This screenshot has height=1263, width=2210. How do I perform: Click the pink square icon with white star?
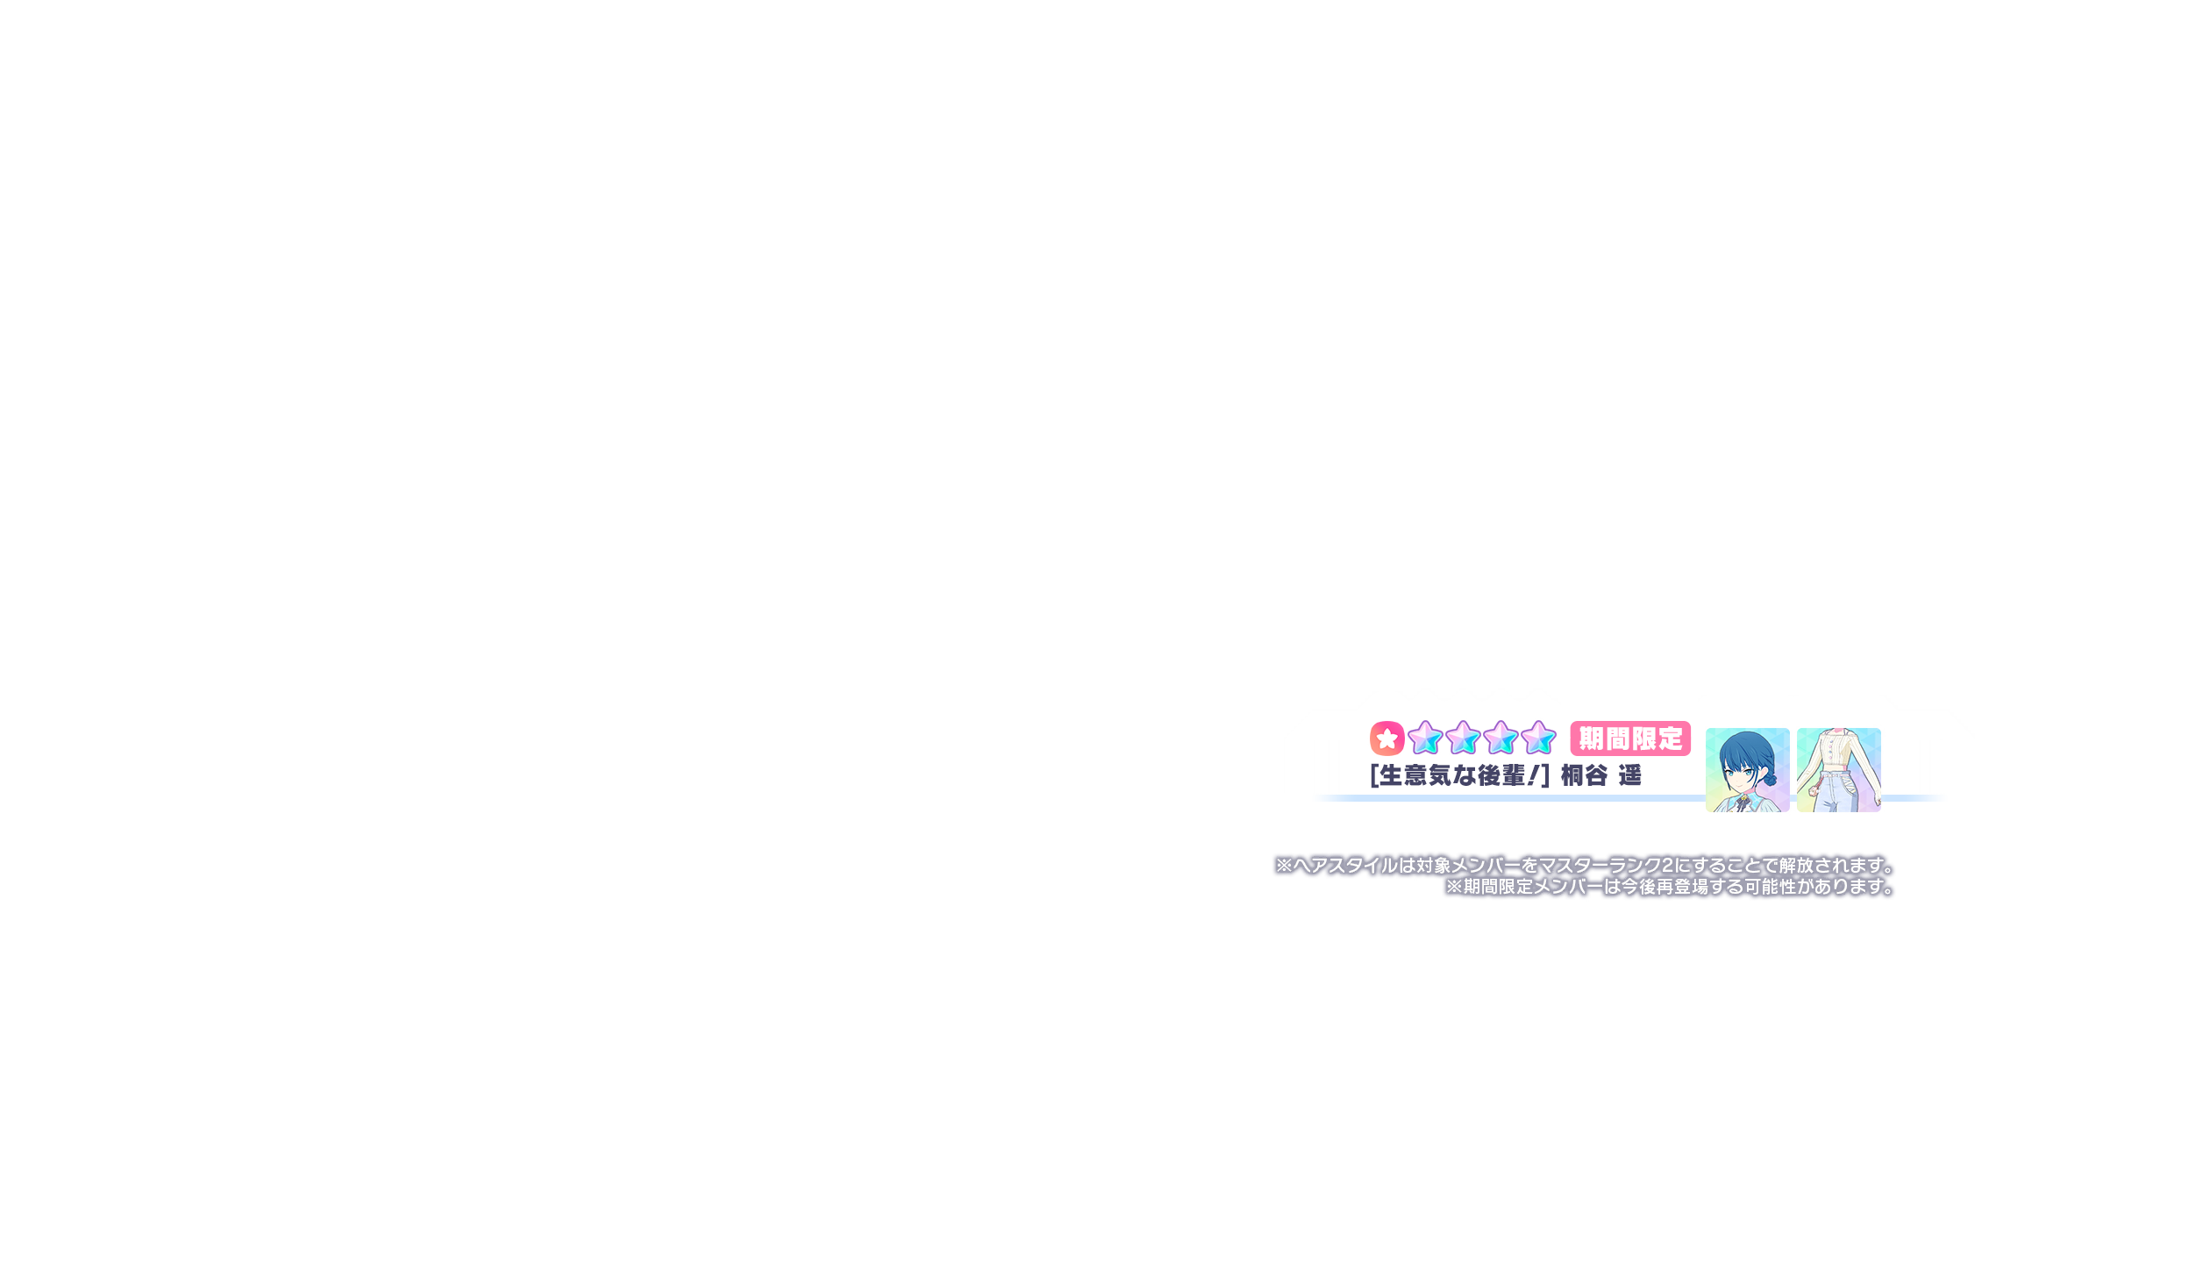click(1387, 739)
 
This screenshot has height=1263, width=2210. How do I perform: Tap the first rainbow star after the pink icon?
click(1425, 738)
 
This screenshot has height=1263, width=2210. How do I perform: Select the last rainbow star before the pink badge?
click(1538, 738)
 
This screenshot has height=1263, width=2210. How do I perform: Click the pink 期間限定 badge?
click(1630, 739)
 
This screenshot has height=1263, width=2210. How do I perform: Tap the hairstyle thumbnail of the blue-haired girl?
click(1747, 769)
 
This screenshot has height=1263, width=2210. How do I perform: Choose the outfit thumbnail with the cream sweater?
click(1838, 769)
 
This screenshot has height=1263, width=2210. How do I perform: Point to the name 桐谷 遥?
click(1600, 776)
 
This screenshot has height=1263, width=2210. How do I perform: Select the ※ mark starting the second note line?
click(1454, 887)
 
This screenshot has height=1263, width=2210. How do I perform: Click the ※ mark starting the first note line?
click(1284, 866)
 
